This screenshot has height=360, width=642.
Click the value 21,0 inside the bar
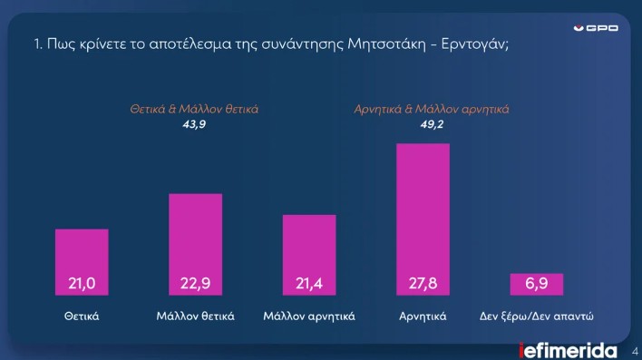(82, 285)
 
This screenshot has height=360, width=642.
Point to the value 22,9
(195, 285)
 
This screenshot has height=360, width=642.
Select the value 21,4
(309, 285)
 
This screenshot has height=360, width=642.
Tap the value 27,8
(423, 285)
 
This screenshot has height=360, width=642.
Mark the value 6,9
(537, 285)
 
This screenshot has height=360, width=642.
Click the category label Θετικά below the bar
(82, 317)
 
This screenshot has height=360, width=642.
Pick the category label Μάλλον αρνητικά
(309, 317)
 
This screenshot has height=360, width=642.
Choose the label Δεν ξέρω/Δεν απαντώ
(541, 317)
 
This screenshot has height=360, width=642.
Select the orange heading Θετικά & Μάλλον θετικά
(195, 109)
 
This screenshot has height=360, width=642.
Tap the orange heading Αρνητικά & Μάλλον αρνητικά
(431, 109)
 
